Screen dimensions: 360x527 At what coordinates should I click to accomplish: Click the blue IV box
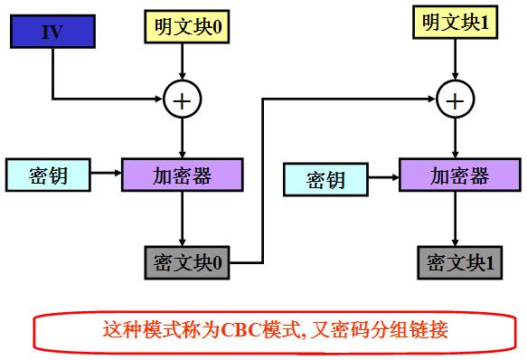pyautogui.click(x=52, y=33)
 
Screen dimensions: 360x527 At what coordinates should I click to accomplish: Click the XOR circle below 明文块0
pyautogui.click(x=183, y=99)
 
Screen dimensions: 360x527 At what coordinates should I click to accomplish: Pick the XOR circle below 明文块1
pyautogui.click(x=454, y=98)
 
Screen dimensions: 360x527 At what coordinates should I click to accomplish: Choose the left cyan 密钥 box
pyautogui.click(x=49, y=175)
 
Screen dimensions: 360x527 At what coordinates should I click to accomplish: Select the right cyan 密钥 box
pyautogui.click(x=325, y=179)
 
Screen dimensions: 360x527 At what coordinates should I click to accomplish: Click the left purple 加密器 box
pyautogui.click(x=183, y=175)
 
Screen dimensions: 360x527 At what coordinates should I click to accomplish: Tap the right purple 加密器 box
pyautogui.click(x=458, y=175)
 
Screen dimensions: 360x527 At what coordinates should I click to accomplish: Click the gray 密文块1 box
pyautogui.click(x=459, y=263)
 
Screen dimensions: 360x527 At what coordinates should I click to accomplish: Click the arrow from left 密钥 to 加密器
pyautogui.click(x=107, y=175)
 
